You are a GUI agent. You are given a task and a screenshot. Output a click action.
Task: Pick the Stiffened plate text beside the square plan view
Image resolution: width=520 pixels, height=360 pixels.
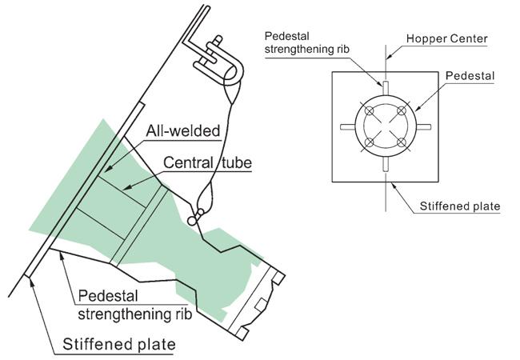click(x=460, y=206)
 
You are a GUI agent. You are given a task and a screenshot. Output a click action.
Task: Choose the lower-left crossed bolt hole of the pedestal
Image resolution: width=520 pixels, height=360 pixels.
click(x=370, y=144)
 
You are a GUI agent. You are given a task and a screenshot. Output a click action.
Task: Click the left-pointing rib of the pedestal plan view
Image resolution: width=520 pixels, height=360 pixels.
click(x=346, y=126)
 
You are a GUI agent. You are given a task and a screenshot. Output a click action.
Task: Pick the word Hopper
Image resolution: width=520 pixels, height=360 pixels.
click(x=426, y=38)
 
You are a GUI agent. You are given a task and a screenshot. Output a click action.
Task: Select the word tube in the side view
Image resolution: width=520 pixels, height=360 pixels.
click(x=236, y=163)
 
